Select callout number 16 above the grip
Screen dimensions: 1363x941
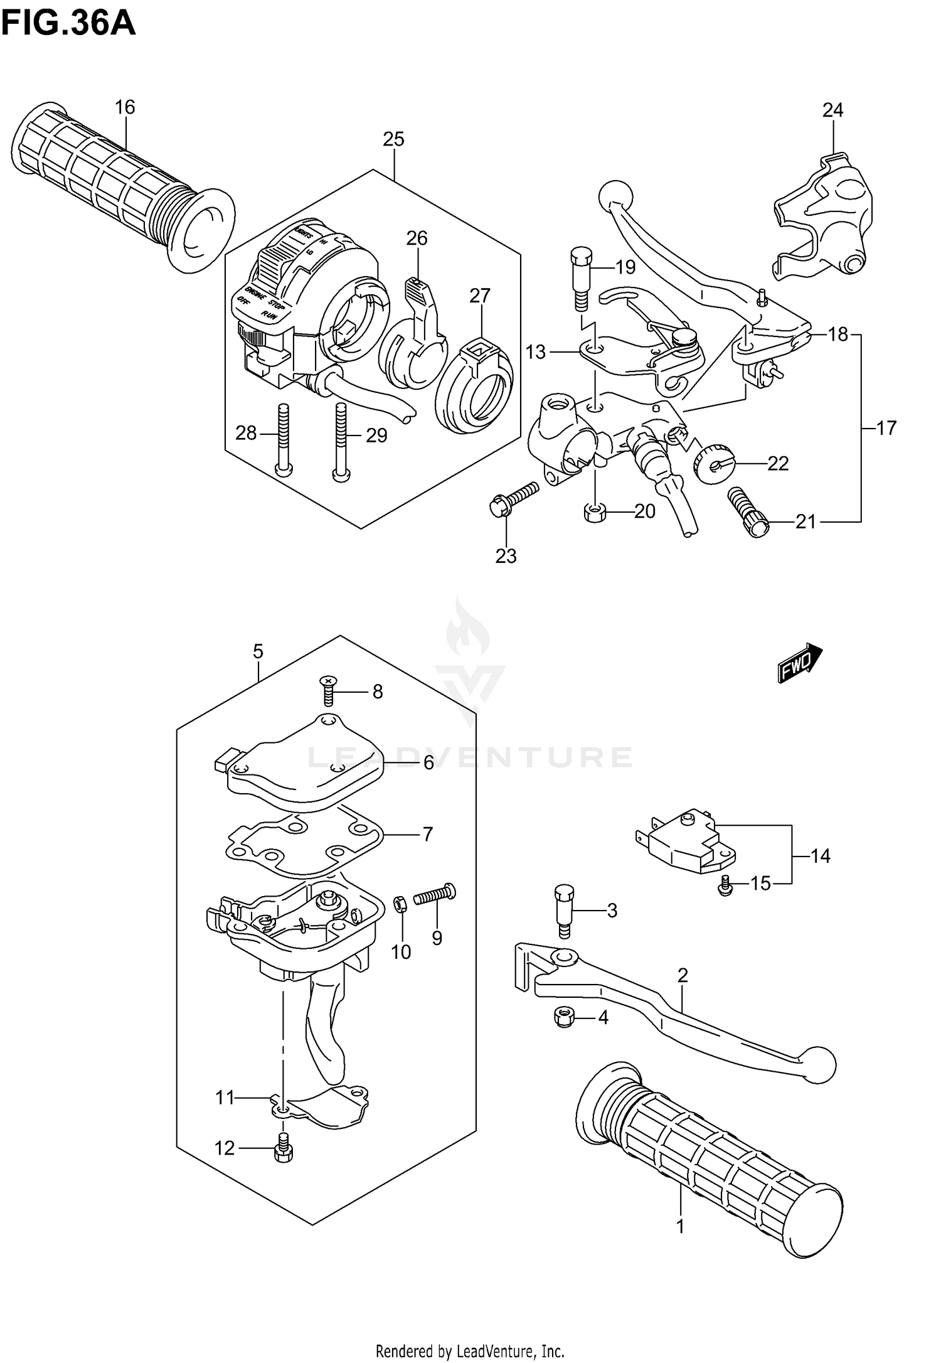[x=125, y=107]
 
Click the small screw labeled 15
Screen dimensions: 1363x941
[x=725, y=885]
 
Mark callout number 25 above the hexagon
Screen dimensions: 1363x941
[x=393, y=139]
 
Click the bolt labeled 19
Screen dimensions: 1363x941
[x=580, y=276]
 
